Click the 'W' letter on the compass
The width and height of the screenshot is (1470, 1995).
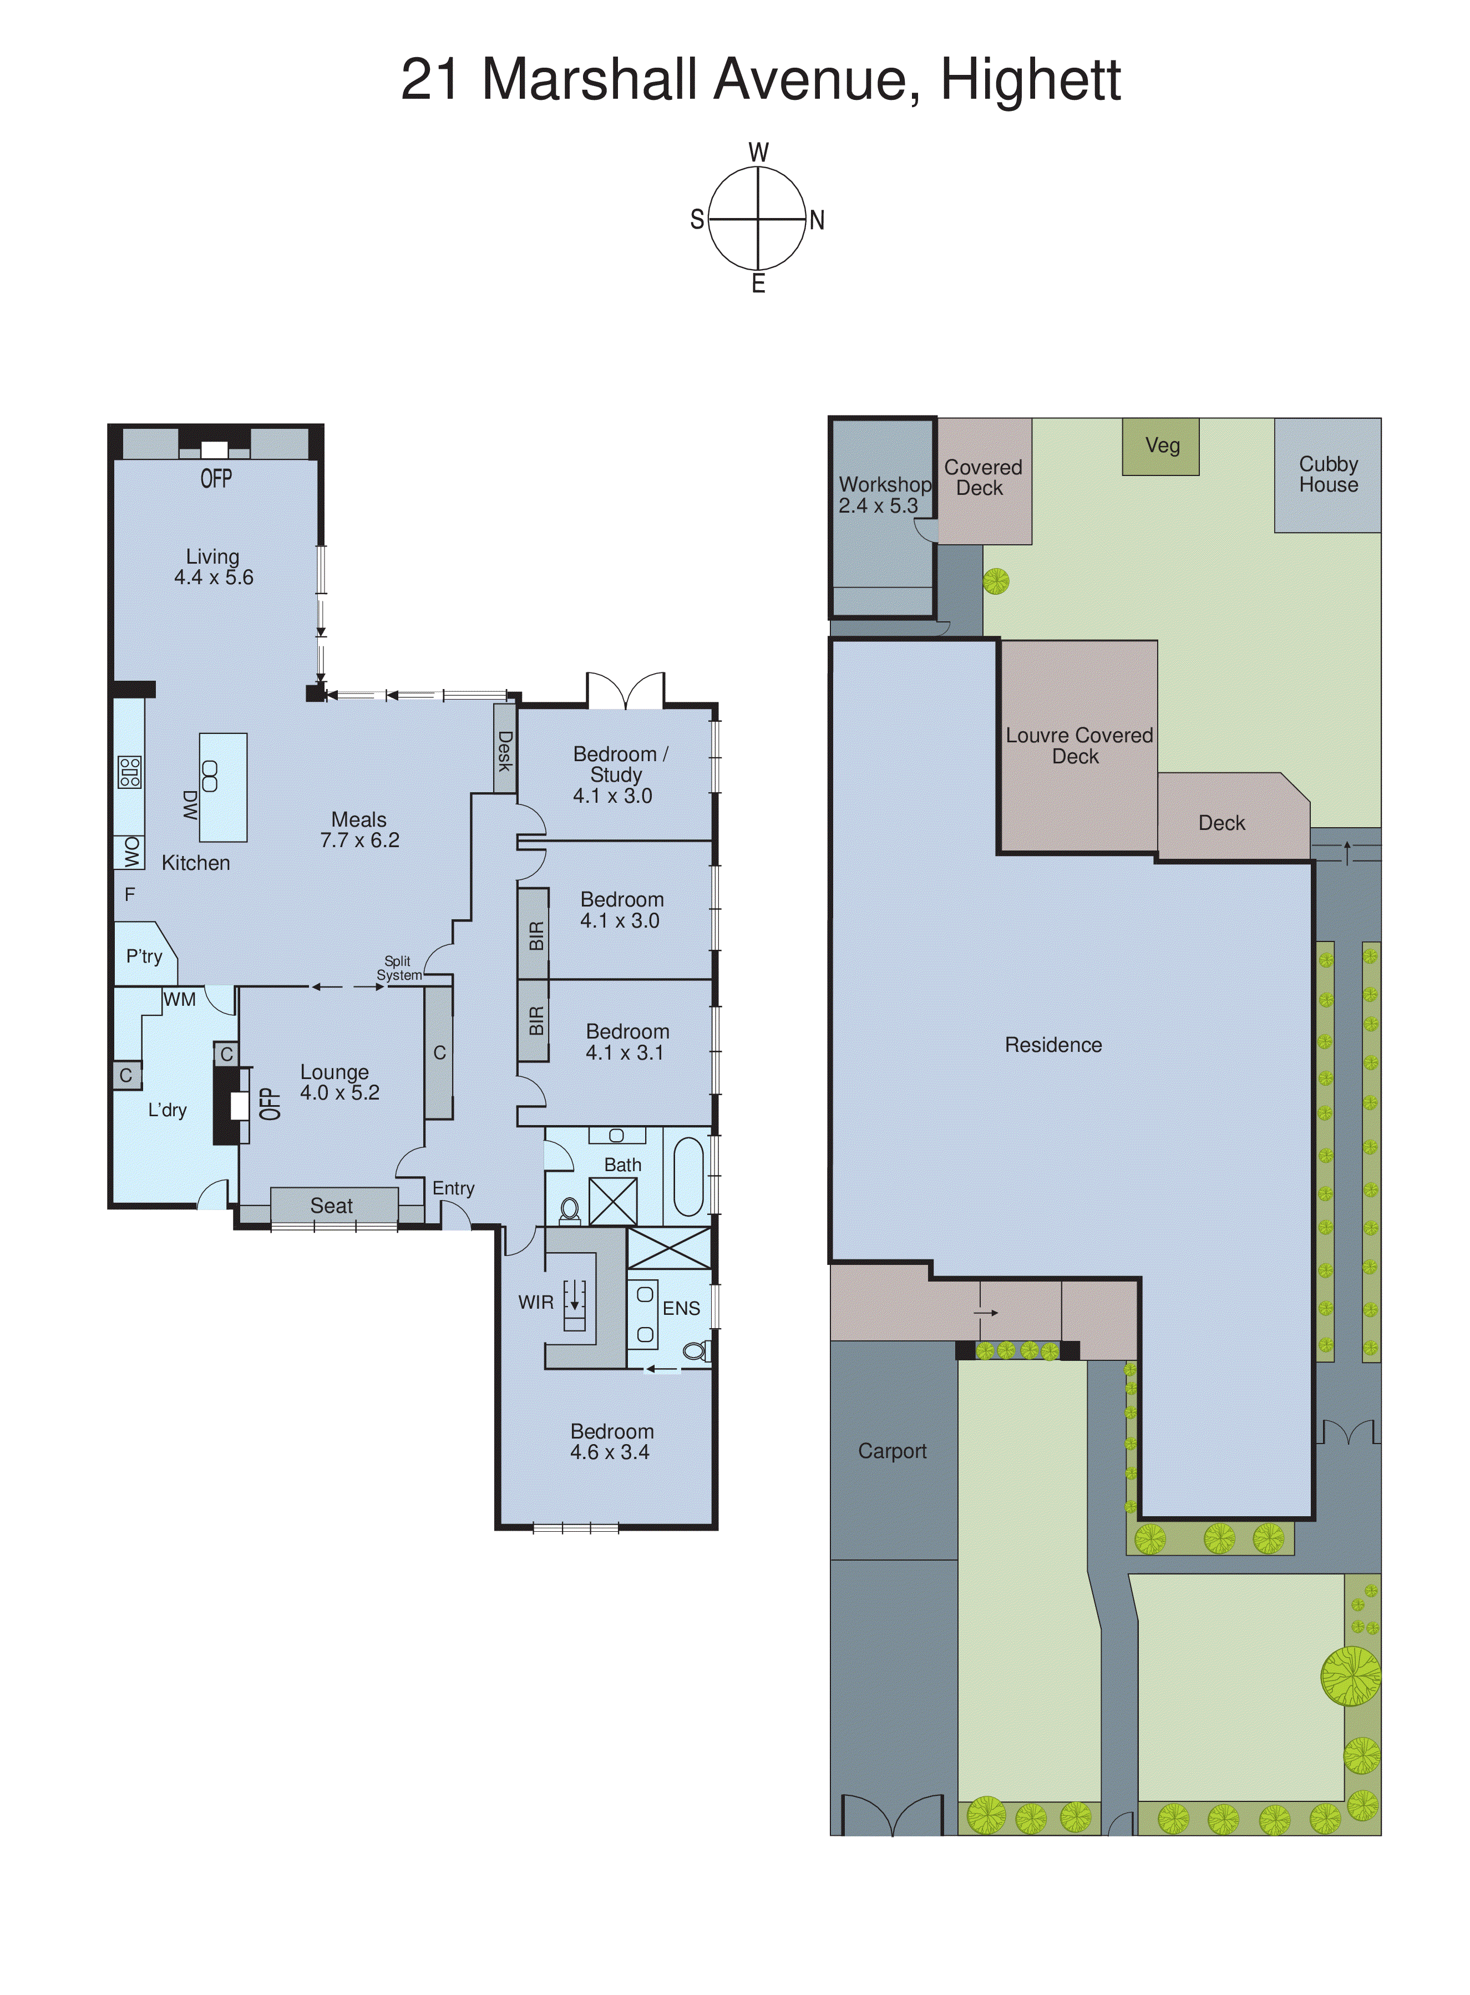(758, 152)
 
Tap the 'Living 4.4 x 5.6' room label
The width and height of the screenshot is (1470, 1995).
(214, 567)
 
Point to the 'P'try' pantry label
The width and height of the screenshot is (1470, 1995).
(144, 956)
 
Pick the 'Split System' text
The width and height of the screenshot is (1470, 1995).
(399, 968)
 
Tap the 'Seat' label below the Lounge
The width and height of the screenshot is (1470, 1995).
(331, 1206)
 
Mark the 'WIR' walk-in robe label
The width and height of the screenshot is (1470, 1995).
(536, 1302)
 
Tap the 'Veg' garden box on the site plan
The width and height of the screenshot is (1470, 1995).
(1161, 446)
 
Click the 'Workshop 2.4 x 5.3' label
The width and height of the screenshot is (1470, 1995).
(884, 495)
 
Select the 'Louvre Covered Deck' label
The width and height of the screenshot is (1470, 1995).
(1078, 746)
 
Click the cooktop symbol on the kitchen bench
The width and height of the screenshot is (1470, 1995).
(130, 772)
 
